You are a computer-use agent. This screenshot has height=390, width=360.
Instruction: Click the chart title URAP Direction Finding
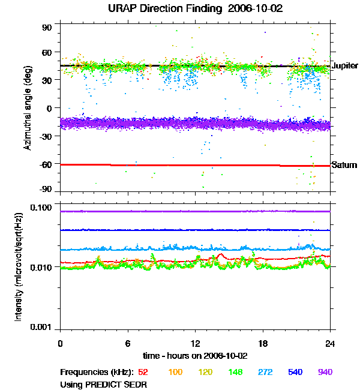coord(179,9)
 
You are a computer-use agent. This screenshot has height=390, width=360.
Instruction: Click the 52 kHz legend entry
coord(144,372)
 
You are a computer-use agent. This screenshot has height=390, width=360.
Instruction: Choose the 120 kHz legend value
coord(205,372)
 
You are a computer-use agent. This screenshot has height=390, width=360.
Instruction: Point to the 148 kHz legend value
coord(235,372)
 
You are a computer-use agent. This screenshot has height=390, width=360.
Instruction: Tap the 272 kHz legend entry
coord(265,372)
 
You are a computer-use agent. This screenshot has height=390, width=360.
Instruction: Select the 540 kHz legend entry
coord(295,372)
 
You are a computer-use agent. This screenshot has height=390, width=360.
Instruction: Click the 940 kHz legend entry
coord(325,372)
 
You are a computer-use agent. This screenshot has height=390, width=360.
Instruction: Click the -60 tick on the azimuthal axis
coord(46,164)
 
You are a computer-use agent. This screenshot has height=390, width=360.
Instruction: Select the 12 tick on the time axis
coord(195,343)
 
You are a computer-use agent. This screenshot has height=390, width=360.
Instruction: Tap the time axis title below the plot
coord(195,355)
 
